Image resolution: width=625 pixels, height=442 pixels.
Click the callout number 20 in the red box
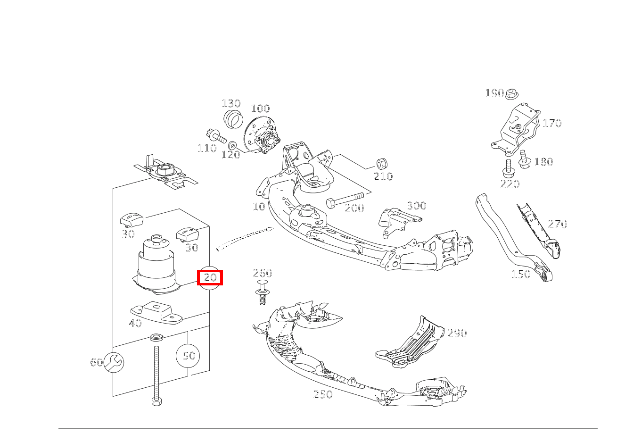point(210,277)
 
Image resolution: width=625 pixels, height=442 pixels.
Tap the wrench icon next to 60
point(114,362)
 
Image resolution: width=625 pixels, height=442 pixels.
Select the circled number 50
point(188,355)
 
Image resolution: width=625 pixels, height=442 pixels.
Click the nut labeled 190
point(510,95)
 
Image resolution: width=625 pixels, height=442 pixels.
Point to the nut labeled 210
point(381,164)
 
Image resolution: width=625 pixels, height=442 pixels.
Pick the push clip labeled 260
point(262,291)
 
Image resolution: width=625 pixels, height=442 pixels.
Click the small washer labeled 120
point(232,144)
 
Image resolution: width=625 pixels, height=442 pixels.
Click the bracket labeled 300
point(396,221)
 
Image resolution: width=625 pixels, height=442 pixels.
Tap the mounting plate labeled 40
point(156,312)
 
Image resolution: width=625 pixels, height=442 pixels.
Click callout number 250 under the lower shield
point(323,394)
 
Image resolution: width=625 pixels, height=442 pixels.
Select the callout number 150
point(521,274)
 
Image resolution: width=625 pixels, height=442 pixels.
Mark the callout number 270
point(558,224)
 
